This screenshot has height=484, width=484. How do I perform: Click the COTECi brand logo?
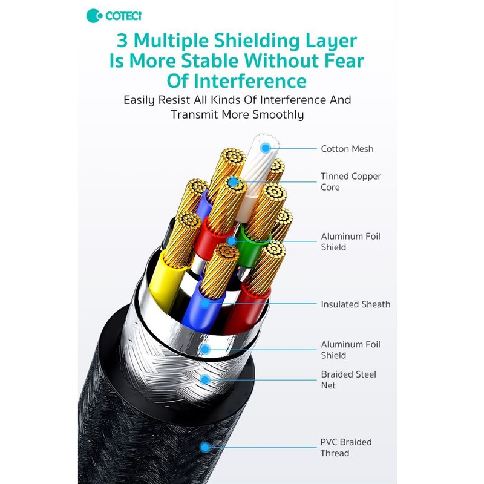coord(114,16)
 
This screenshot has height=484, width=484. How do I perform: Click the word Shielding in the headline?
coord(257,41)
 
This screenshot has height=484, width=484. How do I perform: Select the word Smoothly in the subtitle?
coord(278,114)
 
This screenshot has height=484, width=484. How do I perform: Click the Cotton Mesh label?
coord(347,149)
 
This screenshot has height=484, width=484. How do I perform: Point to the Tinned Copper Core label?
coord(351,181)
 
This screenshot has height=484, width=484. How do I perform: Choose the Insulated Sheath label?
coord(356,304)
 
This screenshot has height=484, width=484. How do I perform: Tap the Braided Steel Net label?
coord(348,380)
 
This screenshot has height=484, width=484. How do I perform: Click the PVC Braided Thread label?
coord(346,448)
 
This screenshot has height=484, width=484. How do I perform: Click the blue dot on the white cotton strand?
coord(266,148)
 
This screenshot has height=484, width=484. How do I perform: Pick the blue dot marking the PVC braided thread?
coord(204,447)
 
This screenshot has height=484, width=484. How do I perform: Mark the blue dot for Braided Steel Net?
coord(205,380)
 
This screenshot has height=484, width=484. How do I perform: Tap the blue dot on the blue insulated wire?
coord(205,304)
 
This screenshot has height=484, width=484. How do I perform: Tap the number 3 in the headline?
coord(122,41)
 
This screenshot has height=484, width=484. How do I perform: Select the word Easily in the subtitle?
coord(139,100)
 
